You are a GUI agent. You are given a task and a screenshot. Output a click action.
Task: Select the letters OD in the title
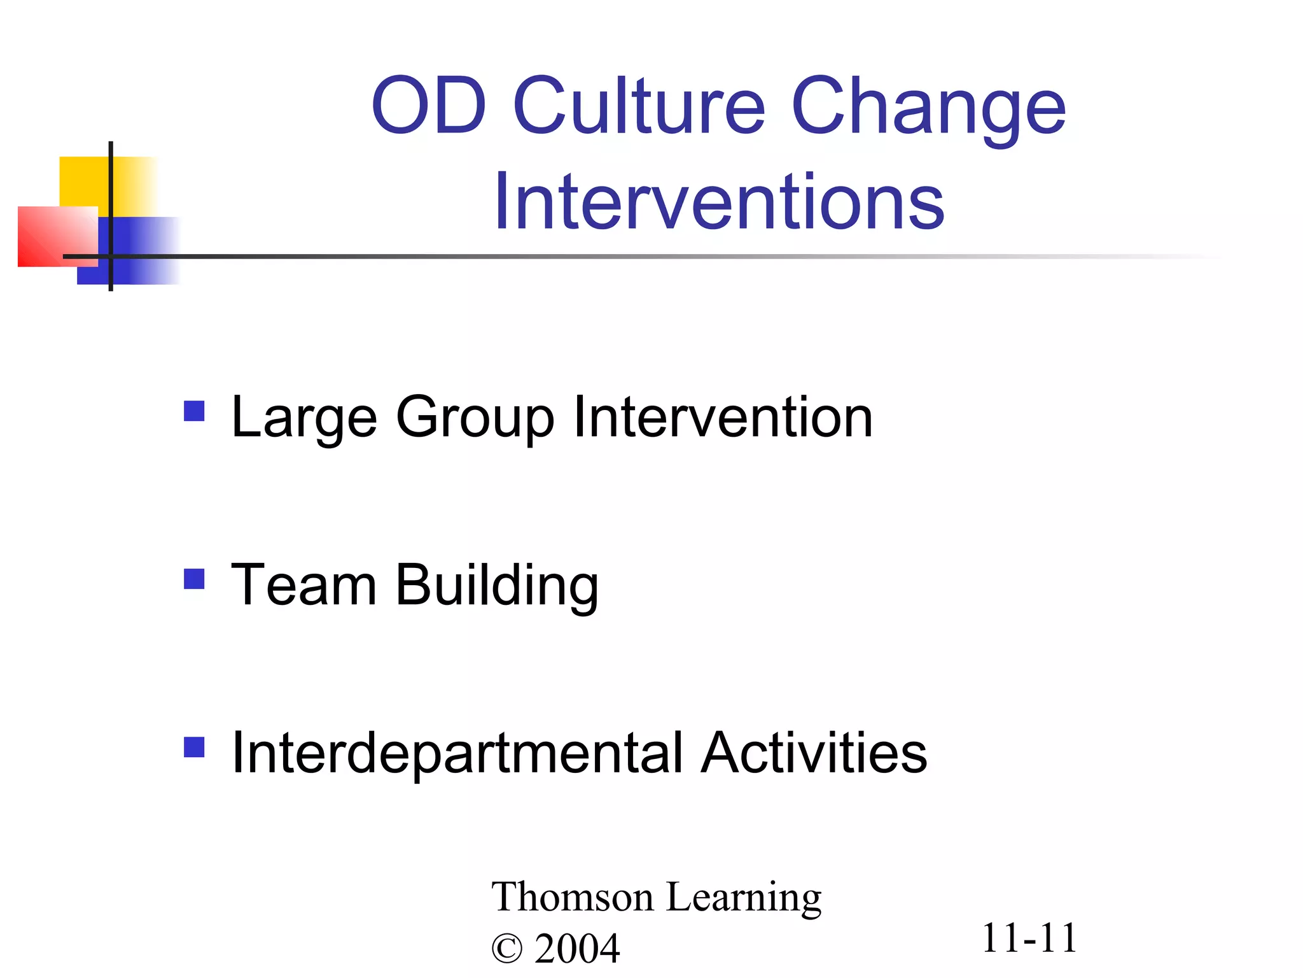pos(429,106)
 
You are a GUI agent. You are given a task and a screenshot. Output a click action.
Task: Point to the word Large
pos(304,419)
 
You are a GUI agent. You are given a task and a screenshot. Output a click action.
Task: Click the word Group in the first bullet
pos(475,419)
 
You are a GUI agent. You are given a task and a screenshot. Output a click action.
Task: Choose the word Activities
pos(814,753)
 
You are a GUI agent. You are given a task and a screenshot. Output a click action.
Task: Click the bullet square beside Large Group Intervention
pos(194,411)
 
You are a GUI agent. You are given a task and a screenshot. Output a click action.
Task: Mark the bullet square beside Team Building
pos(194,579)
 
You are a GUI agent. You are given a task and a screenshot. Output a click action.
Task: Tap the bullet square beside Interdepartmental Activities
pos(194,747)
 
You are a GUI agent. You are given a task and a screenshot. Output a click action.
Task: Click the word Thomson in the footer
pos(573,897)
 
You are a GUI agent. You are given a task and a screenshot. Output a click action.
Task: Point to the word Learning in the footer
pos(744,898)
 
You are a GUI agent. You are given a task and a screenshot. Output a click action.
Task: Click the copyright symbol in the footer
pos(506,949)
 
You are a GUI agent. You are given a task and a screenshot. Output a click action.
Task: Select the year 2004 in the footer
pos(577,949)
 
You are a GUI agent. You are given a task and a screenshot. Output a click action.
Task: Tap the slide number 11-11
pos(1029,938)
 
